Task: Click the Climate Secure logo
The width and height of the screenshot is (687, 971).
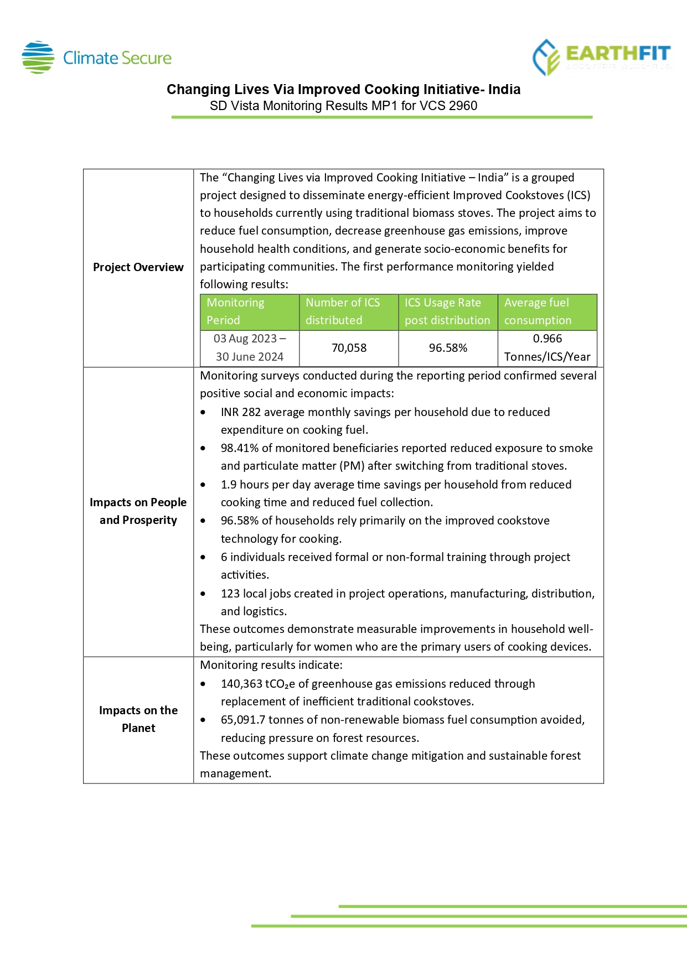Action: coord(97,58)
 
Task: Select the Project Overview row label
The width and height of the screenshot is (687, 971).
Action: coord(138,267)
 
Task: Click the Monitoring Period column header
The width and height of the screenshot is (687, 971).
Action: coord(249,311)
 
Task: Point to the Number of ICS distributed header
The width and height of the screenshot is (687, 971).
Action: coord(349,311)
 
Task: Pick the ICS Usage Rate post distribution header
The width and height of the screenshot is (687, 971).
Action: coord(447,311)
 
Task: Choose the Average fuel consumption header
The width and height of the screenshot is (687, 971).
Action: coord(547,311)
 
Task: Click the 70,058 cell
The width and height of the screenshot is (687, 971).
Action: coord(349,348)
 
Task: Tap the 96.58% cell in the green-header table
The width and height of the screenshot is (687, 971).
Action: coord(448,348)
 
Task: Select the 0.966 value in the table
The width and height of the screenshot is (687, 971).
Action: coord(547,339)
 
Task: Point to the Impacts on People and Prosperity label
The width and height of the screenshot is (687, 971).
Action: coord(138,511)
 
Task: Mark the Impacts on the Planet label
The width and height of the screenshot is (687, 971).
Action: coord(138,719)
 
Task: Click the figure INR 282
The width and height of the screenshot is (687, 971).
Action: coord(240,412)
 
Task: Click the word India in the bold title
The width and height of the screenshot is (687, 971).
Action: coord(504,90)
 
